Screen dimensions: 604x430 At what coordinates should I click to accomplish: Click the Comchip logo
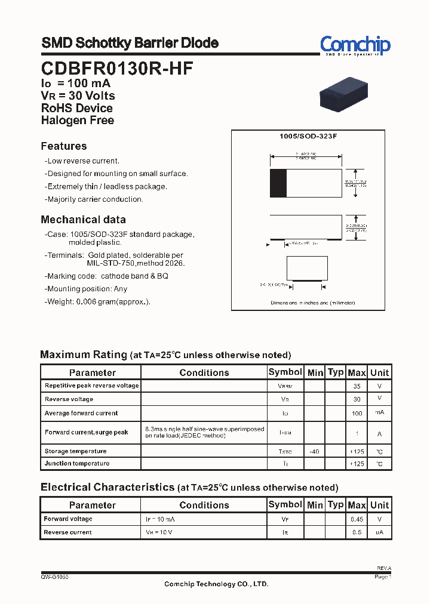coord(355,45)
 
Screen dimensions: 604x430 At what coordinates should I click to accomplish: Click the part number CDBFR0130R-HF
coord(117,68)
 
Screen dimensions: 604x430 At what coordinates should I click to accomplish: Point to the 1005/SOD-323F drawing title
coord(308,137)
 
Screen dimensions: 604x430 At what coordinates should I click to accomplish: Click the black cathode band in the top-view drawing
coord(278,183)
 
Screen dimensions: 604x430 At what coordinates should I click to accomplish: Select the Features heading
coord(64,146)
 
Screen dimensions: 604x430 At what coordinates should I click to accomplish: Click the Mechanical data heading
coord(83,220)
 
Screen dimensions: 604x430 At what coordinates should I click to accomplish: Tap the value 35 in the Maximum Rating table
coord(357,386)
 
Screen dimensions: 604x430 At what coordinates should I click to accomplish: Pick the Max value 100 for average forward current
coord(357,413)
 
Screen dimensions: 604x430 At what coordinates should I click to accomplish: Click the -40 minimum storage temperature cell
coord(314,452)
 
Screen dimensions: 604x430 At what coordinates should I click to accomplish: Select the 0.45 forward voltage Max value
coord(357,519)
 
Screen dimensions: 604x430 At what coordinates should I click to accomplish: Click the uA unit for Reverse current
coord(379,532)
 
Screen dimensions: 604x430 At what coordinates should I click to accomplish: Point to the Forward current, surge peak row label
coord(87,432)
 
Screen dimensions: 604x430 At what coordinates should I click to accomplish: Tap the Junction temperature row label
coord(77,464)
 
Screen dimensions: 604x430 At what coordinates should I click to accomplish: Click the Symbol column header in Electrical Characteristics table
coord(285,504)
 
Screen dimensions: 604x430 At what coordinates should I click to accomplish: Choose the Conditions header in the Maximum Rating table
coord(204,372)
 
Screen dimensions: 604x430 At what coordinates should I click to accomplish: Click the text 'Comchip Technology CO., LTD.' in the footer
coord(216,584)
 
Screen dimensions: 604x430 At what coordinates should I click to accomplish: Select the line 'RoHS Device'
coord(77,108)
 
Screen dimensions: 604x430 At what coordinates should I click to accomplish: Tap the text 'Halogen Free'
coord(78,120)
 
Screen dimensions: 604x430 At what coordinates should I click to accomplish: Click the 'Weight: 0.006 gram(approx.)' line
coord(99,301)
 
